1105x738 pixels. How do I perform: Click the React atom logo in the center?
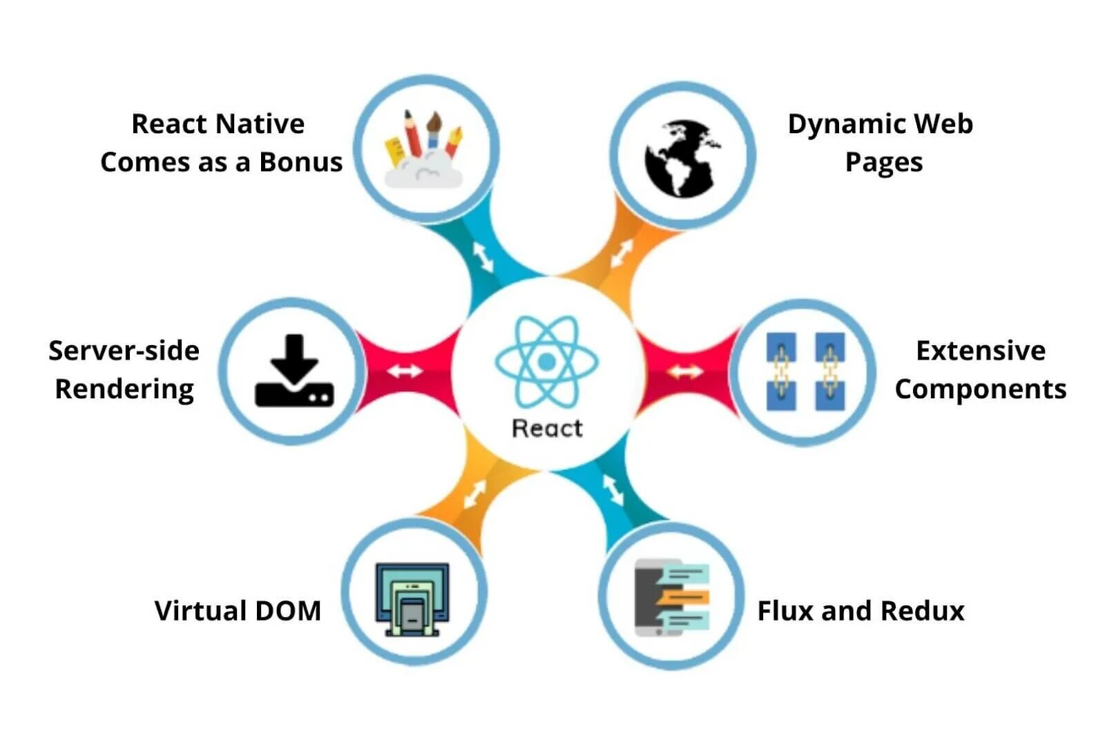pyautogui.click(x=546, y=361)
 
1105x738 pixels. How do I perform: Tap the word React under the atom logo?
pyautogui.click(x=547, y=428)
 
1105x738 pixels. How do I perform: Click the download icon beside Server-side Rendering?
pyautogui.click(x=294, y=371)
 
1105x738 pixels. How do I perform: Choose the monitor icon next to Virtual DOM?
pyautogui.click(x=412, y=599)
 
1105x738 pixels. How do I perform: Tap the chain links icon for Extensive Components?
pyautogui.click(x=805, y=371)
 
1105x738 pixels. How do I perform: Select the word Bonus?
pyautogui.click(x=300, y=162)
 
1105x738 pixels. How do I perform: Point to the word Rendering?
pyautogui.click(x=124, y=389)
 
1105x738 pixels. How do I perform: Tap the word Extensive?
pyautogui.click(x=980, y=351)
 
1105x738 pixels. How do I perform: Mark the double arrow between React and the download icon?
pyautogui.click(x=405, y=371)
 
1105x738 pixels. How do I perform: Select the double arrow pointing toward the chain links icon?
pyautogui.click(x=684, y=372)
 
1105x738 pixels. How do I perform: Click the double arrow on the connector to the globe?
pyautogui.click(x=622, y=254)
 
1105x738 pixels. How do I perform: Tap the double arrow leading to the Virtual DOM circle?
pyautogui.click(x=474, y=494)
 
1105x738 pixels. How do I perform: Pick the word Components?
pyautogui.click(x=980, y=389)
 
